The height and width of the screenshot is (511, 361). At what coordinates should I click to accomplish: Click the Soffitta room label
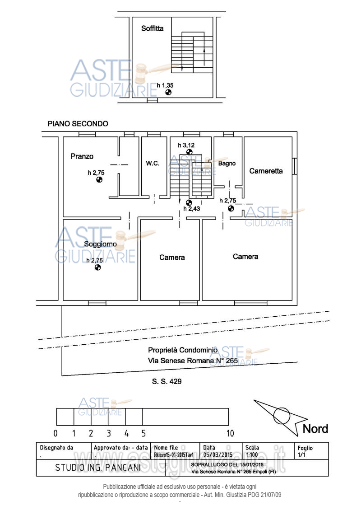pyautogui.click(x=152, y=28)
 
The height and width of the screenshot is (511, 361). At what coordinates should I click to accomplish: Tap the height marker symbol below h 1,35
pyautogui.click(x=168, y=92)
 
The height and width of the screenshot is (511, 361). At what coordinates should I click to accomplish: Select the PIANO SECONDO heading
pyautogui.click(x=78, y=123)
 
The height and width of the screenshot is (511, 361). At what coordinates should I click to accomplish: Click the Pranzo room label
pyautogui.click(x=82, y=156)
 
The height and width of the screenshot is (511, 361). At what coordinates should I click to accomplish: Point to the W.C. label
pyautogui.click(x=152, y=164)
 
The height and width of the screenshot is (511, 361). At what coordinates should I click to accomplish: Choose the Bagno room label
pyautogui.click(x=227, y=164)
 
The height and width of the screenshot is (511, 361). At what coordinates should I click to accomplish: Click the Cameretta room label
pyautogui.click(x=266, y=171)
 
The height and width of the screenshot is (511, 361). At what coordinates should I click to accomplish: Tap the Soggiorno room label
pyautogui.click(x=100, y=244)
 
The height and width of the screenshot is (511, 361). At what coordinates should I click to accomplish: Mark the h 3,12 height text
pyautogui.click(x=186, y=145)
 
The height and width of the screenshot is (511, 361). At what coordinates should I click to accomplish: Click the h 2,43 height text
pyautogui.click(x=192, y=209)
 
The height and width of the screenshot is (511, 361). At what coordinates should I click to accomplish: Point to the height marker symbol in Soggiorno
pyautogui.click(x=97, y=267)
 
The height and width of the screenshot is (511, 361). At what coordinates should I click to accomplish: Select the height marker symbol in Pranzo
pyautogui.click(x=99, y=179)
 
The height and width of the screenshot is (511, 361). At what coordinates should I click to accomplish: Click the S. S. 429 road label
pyautogui.click(x=167, y=382)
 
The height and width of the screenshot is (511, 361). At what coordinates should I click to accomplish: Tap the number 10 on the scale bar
pyautogui.click(x=230, y=433)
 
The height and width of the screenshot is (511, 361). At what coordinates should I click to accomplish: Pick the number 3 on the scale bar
pyautogui.click(x=108, y=433)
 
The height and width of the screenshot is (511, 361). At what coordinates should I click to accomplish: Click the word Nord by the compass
pyautogui.click(x=315, y=429)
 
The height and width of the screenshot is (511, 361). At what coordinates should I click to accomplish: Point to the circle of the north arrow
pyautogui.click(x=282, y=415)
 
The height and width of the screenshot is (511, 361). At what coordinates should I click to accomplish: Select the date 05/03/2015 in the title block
pyautogui.click(x=218, y=455)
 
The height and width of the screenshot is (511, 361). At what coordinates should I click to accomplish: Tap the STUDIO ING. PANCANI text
pyautogui.click(x=98, y=468)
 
